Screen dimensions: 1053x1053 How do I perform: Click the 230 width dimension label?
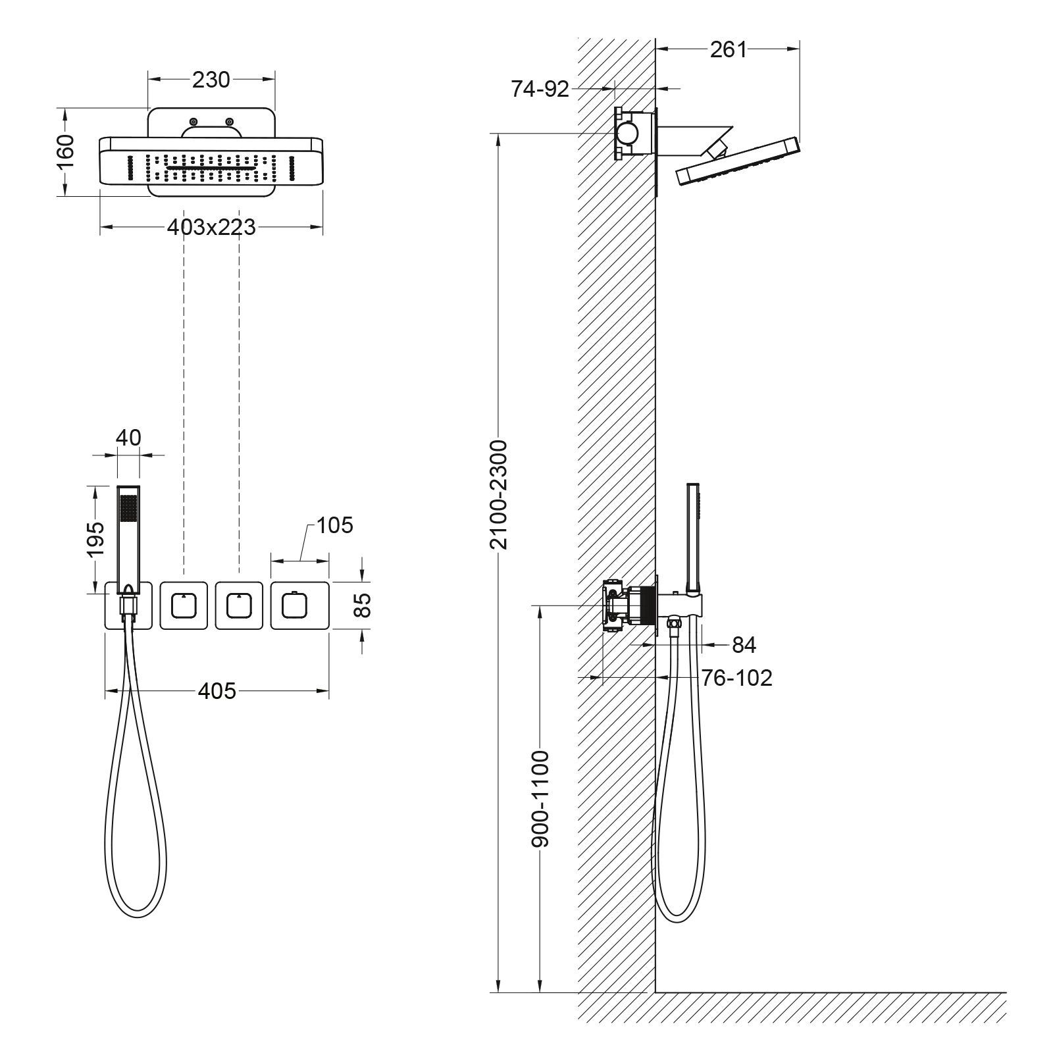(211, 80)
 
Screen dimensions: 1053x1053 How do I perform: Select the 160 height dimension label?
(66, 151)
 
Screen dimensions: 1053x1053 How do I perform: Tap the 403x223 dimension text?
(211, 228)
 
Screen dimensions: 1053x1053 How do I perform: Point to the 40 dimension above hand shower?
(128, 437)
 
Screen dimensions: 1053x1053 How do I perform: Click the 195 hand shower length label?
(97, 538)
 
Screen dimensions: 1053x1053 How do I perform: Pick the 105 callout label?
(334, 525)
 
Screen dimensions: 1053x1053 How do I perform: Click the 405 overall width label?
(217, 690)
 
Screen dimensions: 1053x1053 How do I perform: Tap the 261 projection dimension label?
(729, 49)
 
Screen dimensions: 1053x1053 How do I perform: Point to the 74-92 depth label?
(540, 89)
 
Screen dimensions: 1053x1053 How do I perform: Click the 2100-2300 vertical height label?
(500, 495)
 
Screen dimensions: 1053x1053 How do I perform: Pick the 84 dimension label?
(744, 645)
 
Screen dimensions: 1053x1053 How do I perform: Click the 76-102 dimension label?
(736, 677)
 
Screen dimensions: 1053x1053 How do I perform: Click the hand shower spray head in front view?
(128, 510)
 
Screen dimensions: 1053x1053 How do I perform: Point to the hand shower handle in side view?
(693, 533)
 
